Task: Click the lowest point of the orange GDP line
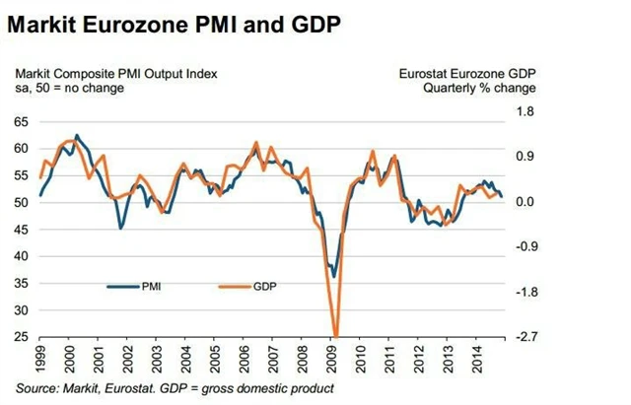[336, 336]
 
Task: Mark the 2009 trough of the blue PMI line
[333, 277]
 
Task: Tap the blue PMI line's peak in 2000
[76, 135]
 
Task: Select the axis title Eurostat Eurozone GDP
[466, 72]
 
